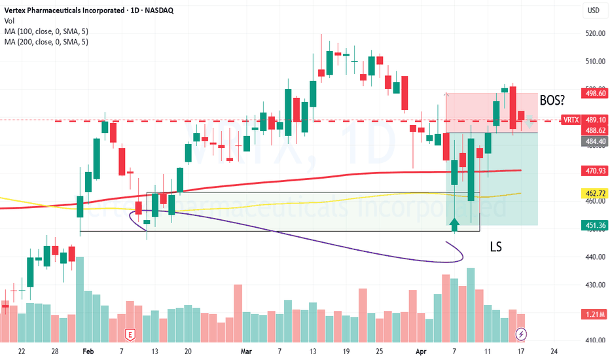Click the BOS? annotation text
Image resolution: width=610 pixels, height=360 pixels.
click(x=554, y=101)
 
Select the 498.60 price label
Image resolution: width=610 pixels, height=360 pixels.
click(x=594, y=94)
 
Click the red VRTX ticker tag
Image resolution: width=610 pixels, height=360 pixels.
click(x=571, y=120)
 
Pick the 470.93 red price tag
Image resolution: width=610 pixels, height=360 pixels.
click(x=594, y=170)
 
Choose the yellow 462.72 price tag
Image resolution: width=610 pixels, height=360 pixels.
click(x=594, y=194)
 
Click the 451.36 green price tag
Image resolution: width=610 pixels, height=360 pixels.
click(x=594, y=225)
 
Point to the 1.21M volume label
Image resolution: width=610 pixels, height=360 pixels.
click(x=594, y=315)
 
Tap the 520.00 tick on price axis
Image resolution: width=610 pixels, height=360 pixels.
click(x=594, y=33)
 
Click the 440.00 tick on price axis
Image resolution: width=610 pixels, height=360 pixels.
click(x=594, y=257)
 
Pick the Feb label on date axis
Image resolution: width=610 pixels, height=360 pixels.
click(x=88, y=351)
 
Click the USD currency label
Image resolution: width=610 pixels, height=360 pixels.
click(x=594, y=10)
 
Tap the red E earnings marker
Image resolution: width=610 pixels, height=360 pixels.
click(x=130, y=334)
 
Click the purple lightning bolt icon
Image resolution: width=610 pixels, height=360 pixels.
click(x=522, y=334)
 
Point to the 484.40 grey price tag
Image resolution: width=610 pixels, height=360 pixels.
click(x=594, y=141)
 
